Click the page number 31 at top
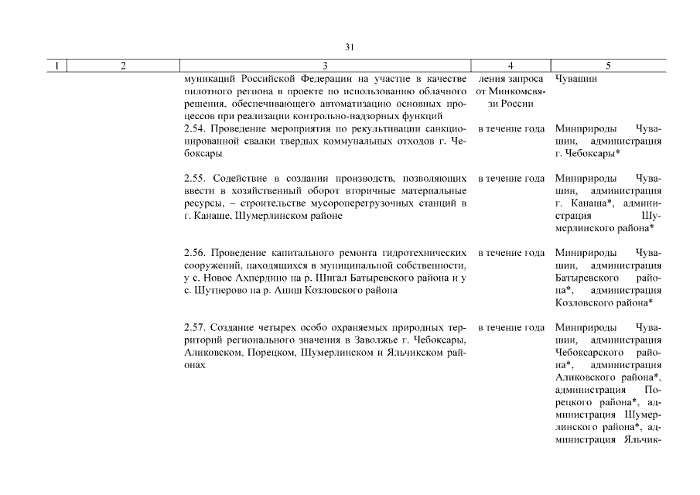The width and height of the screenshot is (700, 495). tap(350, 47)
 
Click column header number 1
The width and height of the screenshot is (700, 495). tap(57, 66)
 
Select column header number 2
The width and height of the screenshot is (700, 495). tap(124, 66)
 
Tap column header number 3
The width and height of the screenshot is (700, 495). tap(325, 66)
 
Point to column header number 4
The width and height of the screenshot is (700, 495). tap(510, 66)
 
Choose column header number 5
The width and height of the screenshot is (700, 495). tap(608, 66)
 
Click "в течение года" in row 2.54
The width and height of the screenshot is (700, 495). tap(511, 128)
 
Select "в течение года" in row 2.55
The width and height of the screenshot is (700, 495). tap(511, 179)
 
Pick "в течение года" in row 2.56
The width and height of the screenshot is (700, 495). tap(511, 253)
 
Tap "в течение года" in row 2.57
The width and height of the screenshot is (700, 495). tap(511, 327)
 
